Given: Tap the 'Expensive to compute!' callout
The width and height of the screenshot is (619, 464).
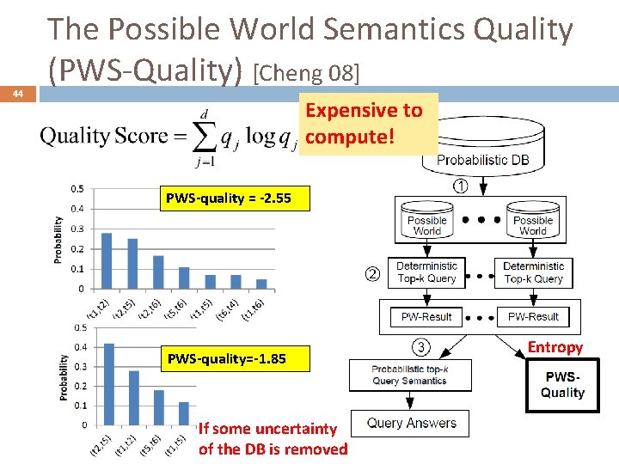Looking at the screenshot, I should [365, 123].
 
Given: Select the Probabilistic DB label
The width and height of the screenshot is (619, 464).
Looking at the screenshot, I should [483, 160].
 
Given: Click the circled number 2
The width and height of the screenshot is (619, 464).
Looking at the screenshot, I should [372, 275].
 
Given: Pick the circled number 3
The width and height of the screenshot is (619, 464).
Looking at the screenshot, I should [420, 347].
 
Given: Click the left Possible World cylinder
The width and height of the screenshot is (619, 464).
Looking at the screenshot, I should [427, 222].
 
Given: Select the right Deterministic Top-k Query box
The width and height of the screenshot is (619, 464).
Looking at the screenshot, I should [533, 272].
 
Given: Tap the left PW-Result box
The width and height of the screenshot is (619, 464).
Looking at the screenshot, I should [426, 317].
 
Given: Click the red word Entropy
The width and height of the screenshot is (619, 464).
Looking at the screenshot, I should [555, 347].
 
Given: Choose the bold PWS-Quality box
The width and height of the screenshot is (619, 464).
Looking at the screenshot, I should [562, 385].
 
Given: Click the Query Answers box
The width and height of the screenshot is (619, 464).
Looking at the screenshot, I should [412, 423].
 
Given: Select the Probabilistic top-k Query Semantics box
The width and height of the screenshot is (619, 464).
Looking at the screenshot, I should [409, 375].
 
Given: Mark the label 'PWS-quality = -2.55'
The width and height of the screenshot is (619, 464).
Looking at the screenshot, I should [229, 199].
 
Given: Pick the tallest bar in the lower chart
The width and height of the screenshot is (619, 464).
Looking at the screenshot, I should [109, 384].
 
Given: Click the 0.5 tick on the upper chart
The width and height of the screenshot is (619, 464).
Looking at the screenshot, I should [77, 189].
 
